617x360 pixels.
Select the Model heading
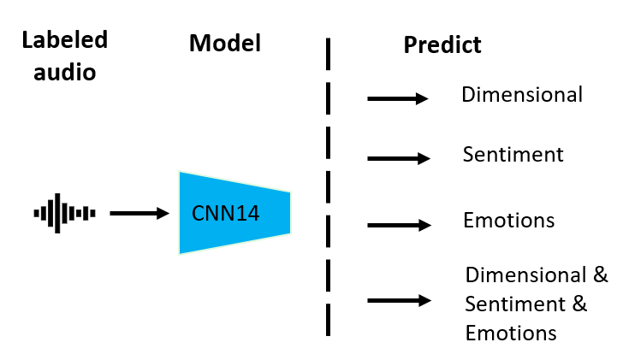coord(224,42)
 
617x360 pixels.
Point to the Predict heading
coord(442,44)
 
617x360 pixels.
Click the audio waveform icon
coord(64,213)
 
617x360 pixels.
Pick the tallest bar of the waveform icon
coord(57,213)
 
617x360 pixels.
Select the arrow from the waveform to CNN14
coord(139,213)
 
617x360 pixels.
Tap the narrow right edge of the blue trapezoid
coord(289,213)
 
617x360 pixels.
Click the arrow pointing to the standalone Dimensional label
coord(398,99)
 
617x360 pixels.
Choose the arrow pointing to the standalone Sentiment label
coord(398,158)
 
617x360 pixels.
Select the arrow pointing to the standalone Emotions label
coord(398,226)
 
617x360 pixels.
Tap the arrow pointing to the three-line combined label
coord(398,300)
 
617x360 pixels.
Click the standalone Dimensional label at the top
coord(522,94)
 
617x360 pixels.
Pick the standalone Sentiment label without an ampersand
coord(513,155)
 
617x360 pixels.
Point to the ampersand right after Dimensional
coord(600,275)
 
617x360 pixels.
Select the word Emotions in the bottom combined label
coord(511,332)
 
